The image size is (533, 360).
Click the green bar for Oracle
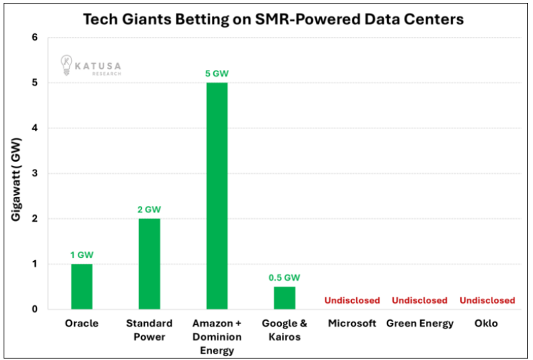coord(81,287)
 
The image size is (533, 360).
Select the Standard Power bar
coord(149,264)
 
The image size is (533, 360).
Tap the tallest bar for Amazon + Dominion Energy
coord(217,196)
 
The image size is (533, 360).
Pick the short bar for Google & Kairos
coord(284,298)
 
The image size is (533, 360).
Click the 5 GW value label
coord(217,73)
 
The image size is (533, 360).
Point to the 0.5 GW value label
coord(284,277)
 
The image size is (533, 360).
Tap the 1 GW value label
coord(81,254)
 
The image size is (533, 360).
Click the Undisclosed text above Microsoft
coord(352,300)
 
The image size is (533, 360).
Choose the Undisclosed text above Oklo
coord(487,300)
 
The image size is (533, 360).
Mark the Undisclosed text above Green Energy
coord(420,300)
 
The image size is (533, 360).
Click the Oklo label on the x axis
coord(487,324)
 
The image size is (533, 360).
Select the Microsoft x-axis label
coord(352,324)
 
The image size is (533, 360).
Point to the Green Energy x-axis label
coord(420,324)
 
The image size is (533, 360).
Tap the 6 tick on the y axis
coord(34,37)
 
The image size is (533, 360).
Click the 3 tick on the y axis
coord(34,173)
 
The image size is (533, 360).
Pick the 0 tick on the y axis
coord(34,309)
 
